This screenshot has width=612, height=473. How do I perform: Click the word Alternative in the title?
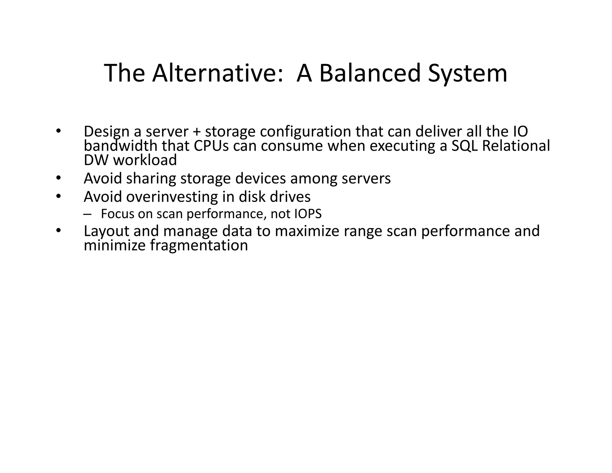click(x=218, y=73)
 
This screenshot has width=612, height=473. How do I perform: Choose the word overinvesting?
click(x=172, y=197)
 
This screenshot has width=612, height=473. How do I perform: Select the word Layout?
click(x=106, y=231)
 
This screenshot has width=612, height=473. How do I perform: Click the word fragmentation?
click(x=199, y=245)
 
